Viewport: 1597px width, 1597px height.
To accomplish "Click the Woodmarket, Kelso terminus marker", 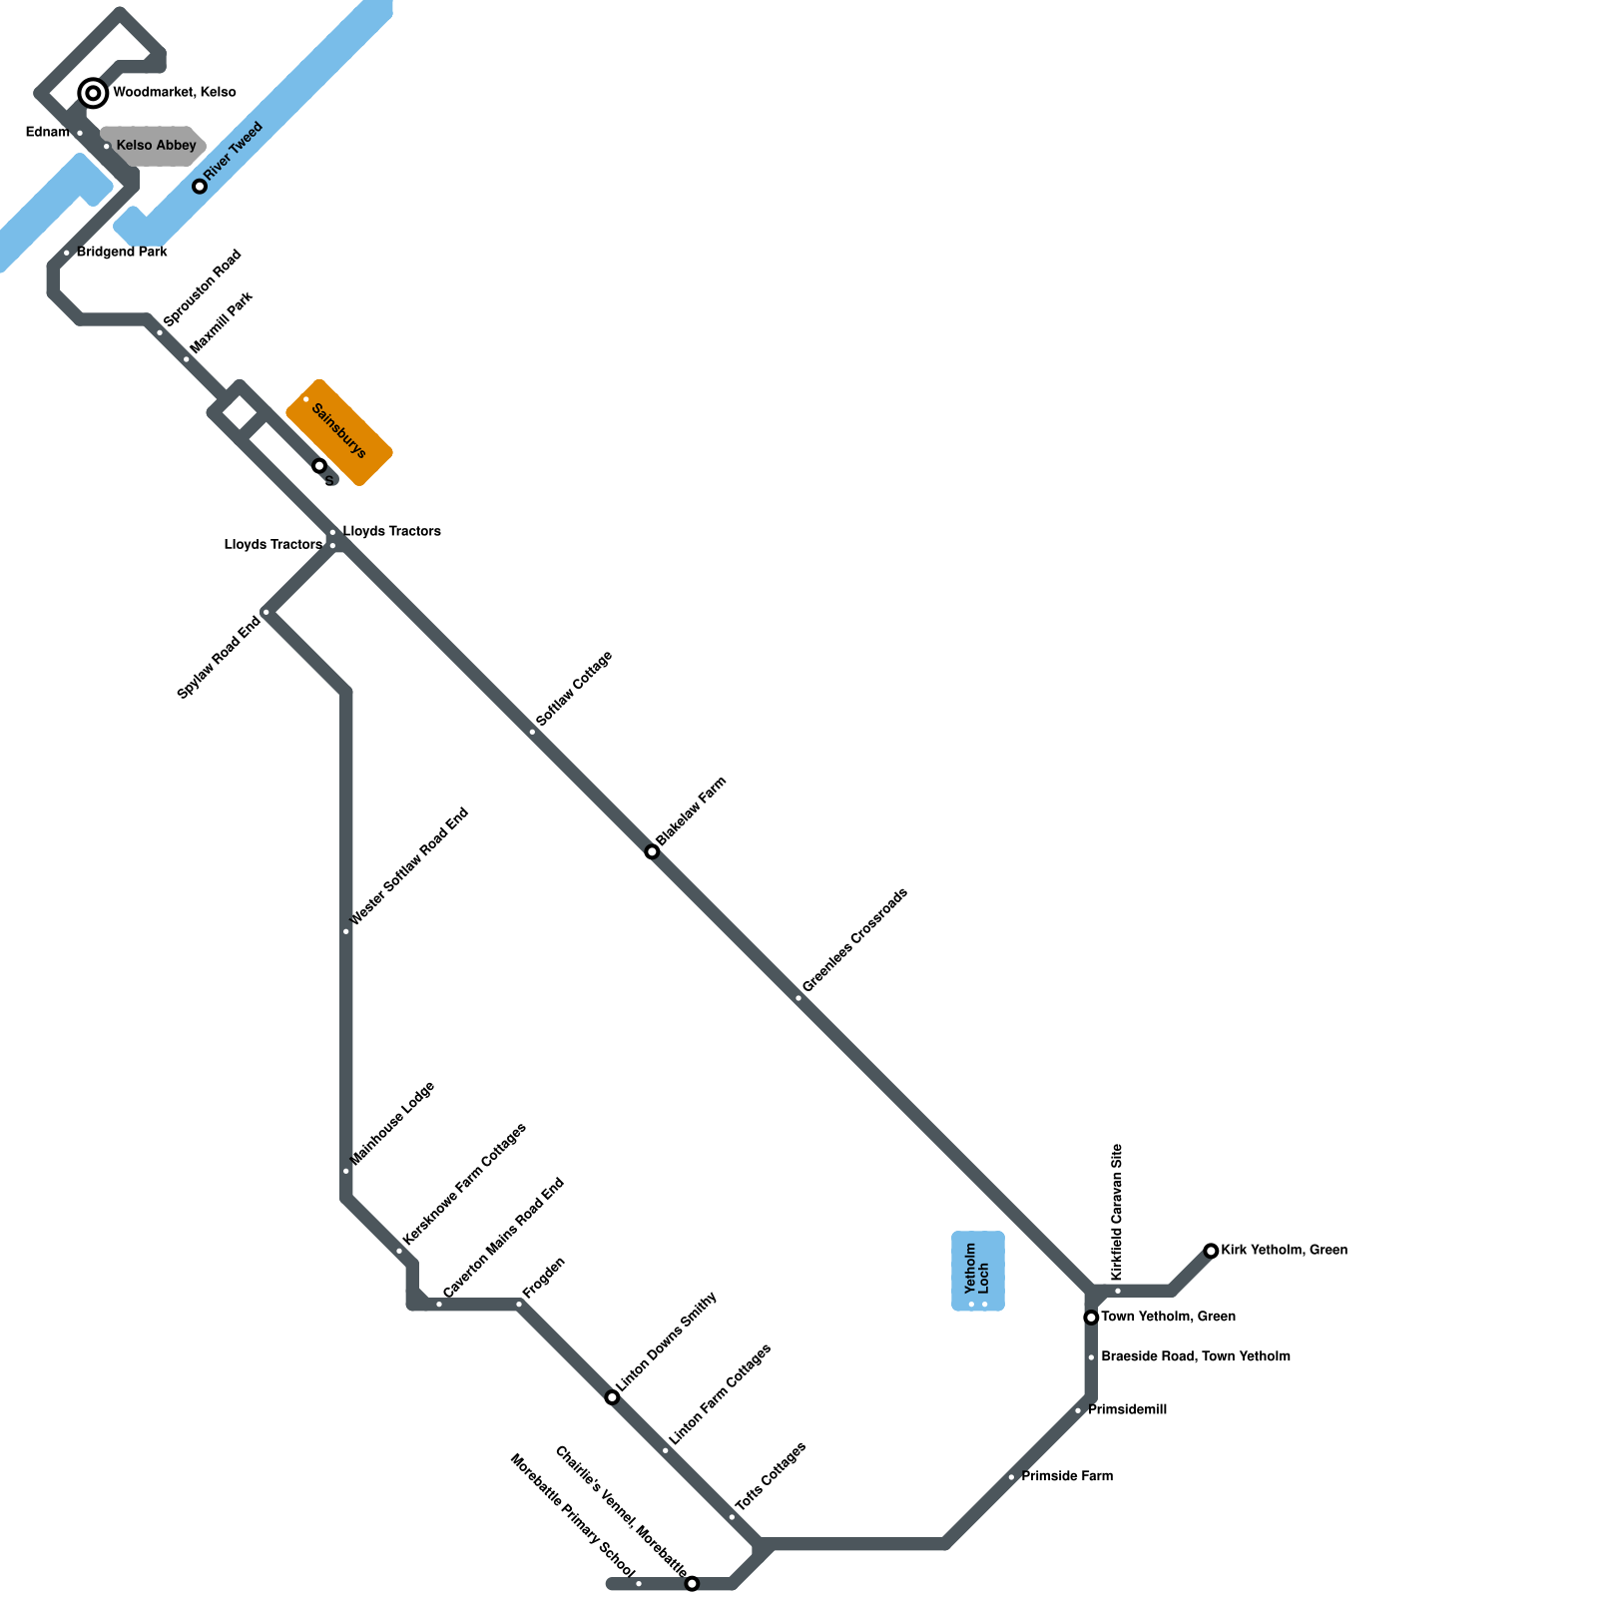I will point(93,93).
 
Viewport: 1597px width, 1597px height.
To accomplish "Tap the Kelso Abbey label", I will point(156,146).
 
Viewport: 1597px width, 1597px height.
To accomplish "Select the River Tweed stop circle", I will point(200,186).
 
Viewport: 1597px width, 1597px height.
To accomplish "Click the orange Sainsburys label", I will point(338,431).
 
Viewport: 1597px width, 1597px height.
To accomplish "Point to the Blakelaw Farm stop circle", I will point(652,851).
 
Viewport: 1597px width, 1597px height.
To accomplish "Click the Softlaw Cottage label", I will point(574,689).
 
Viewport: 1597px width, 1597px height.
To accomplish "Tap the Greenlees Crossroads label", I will point(854,940).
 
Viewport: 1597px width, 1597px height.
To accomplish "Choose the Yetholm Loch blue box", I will point(977,1271).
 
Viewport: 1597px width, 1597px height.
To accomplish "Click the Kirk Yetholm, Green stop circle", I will point(1211,1251).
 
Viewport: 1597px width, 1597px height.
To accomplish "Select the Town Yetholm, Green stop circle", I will point(1091,1318).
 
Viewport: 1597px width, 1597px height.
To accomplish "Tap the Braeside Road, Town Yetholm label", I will point(1195,1356).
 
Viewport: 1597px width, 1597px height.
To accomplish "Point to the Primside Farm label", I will point(1066,1476).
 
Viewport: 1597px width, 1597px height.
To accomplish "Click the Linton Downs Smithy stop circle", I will point(612,1397).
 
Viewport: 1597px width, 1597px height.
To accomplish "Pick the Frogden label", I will point(544,1278).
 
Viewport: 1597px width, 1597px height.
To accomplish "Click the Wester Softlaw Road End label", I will point(409,867).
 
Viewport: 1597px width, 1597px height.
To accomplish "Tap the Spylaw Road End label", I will point(219,658).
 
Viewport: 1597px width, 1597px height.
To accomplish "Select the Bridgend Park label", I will point(122,253).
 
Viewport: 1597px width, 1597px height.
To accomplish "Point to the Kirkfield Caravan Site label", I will point(1117,1212).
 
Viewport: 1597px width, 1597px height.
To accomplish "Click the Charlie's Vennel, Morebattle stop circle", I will point(692,1583).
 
